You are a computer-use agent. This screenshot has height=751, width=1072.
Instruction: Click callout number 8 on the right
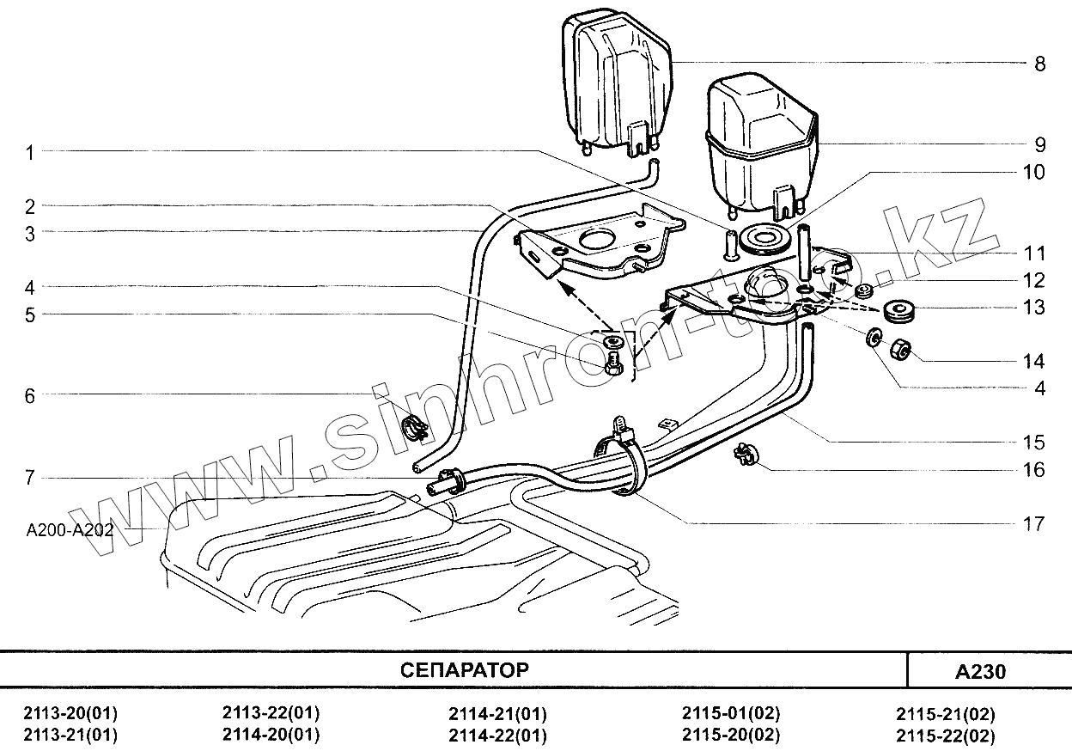tap(1039, 64)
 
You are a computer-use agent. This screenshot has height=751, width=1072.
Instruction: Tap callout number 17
tap(1034, 522)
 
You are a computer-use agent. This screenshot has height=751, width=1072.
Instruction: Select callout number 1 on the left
tap(30, 152)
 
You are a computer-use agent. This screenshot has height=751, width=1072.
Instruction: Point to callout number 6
tap(30, 395)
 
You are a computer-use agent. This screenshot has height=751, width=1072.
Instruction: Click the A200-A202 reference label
tap(70, 529)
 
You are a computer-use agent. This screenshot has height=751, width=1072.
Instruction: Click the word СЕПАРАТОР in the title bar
tap(465, 670)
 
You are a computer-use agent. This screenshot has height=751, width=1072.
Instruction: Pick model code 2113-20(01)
tap(71, 713)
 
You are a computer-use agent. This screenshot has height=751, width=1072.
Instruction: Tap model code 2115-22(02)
tap(945, 736)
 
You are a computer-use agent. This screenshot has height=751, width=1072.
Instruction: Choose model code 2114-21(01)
tap(497, 714)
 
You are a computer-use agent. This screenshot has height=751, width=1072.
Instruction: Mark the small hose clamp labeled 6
tap(416, 425)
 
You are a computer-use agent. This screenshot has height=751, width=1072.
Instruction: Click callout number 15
tap(1034, 443)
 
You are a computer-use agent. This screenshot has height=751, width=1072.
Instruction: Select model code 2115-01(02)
tap(731, 713)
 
